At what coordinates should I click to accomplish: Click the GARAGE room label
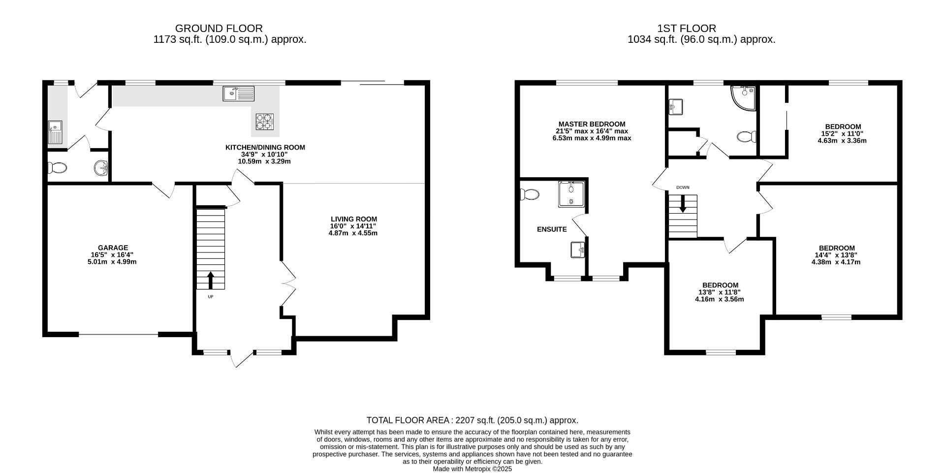point(113,248)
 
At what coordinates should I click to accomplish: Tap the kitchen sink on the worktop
point(239,93)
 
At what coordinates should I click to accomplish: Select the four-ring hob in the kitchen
point(264,122)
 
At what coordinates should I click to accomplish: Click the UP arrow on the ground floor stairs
point(210,280)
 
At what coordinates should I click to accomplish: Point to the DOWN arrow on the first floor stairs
point(683,204)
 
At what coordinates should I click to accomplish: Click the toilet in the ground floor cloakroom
point(58,168)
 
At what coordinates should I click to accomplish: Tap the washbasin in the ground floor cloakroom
point(101,168)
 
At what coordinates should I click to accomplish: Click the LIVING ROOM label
point(353,219)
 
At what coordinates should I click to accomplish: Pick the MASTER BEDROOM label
point(592,124)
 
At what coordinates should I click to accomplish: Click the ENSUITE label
point(552,229)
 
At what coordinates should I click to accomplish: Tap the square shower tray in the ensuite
point(571,194)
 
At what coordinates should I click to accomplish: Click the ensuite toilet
point(529,194)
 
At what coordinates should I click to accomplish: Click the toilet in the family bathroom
point(747,136)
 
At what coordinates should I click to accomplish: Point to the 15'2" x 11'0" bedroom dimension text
point(843,133)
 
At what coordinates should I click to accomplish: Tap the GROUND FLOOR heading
point(219,29)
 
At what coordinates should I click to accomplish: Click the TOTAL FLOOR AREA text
point(472,420)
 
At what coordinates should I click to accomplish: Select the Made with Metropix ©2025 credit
point(472,469)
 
